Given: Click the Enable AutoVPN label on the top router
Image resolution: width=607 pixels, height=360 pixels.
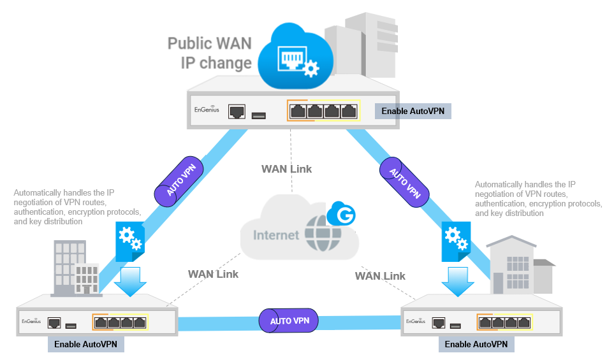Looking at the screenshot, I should (x=413, y=111).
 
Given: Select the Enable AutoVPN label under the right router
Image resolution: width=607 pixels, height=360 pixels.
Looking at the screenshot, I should (x=476, y=344).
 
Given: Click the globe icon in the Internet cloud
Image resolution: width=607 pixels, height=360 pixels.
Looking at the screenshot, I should (x=322, y=235).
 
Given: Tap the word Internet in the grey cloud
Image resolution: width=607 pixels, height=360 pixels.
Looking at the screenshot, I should (x=276, y=235).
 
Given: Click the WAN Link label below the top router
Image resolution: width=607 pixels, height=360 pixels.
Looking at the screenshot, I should (x=286, y=169).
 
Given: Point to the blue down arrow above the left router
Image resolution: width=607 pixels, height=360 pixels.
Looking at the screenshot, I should (x=130, y=280).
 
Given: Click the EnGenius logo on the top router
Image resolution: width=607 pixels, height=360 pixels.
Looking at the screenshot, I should (x=207, y=110).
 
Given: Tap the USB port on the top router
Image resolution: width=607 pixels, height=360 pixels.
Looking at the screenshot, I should (x=258, y=115).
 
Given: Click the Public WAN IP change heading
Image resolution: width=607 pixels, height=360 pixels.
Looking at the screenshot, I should (x=210, y=54).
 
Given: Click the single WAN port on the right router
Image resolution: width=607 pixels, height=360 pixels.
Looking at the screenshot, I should (x=438, y=322).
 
